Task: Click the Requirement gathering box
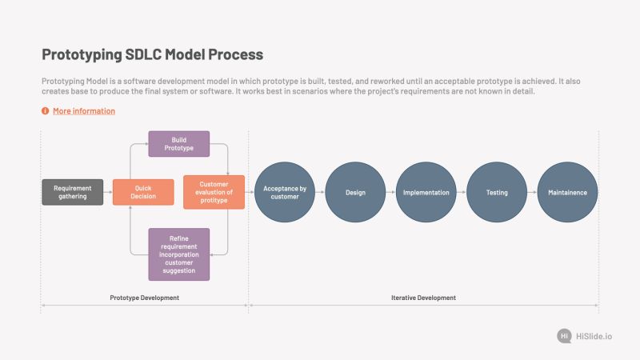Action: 72,192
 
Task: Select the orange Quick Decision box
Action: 143,192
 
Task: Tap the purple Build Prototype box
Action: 178,144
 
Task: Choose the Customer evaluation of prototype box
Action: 214,192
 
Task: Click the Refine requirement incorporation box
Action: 178,254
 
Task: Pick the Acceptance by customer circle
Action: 285,192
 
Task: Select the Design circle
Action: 355,192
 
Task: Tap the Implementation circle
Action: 426,192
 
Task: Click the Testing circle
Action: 497,192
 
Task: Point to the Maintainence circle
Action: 567,192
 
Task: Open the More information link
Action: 84,111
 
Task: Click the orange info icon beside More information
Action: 46,111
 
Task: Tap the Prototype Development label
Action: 144,298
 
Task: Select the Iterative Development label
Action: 423,298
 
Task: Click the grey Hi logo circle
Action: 564,336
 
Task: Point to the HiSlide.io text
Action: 594,336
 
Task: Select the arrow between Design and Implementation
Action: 390,192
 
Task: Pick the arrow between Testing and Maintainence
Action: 532,192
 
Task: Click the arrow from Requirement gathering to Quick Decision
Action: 108,192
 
